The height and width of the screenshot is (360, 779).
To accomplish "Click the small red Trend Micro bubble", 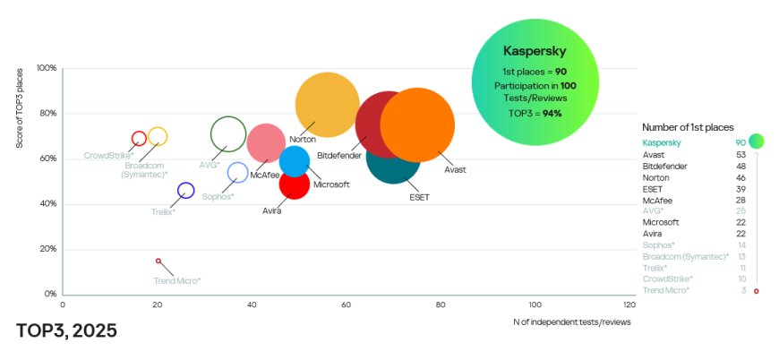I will (158, 261).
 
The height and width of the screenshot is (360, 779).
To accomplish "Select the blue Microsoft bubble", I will (295, 161).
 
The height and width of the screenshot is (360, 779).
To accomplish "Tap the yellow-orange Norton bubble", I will (327, 105).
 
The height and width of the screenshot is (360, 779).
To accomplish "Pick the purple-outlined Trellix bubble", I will (186, 191).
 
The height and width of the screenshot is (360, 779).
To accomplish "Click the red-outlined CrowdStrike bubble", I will (139, 139).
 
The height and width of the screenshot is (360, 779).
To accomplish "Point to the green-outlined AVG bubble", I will (228, 134).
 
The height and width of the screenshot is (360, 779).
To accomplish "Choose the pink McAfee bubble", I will (266, 141).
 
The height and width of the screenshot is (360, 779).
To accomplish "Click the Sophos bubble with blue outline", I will (237, 173).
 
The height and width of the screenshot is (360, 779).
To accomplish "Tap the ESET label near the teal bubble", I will (419, 197).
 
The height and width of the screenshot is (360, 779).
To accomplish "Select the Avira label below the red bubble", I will (272, 211).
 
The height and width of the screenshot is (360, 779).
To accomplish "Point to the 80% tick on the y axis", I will (47, 114).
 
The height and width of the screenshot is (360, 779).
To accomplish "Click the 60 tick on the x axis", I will (347, 305).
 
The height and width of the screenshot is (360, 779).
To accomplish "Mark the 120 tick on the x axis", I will (629, 305).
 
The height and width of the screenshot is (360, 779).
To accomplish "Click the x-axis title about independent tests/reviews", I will (572, 321).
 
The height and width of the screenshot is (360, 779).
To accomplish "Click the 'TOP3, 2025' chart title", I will (66, 330).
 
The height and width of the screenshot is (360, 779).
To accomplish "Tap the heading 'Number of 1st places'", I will (688, 128).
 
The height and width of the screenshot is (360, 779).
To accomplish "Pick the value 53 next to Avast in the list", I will (741, 155).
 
